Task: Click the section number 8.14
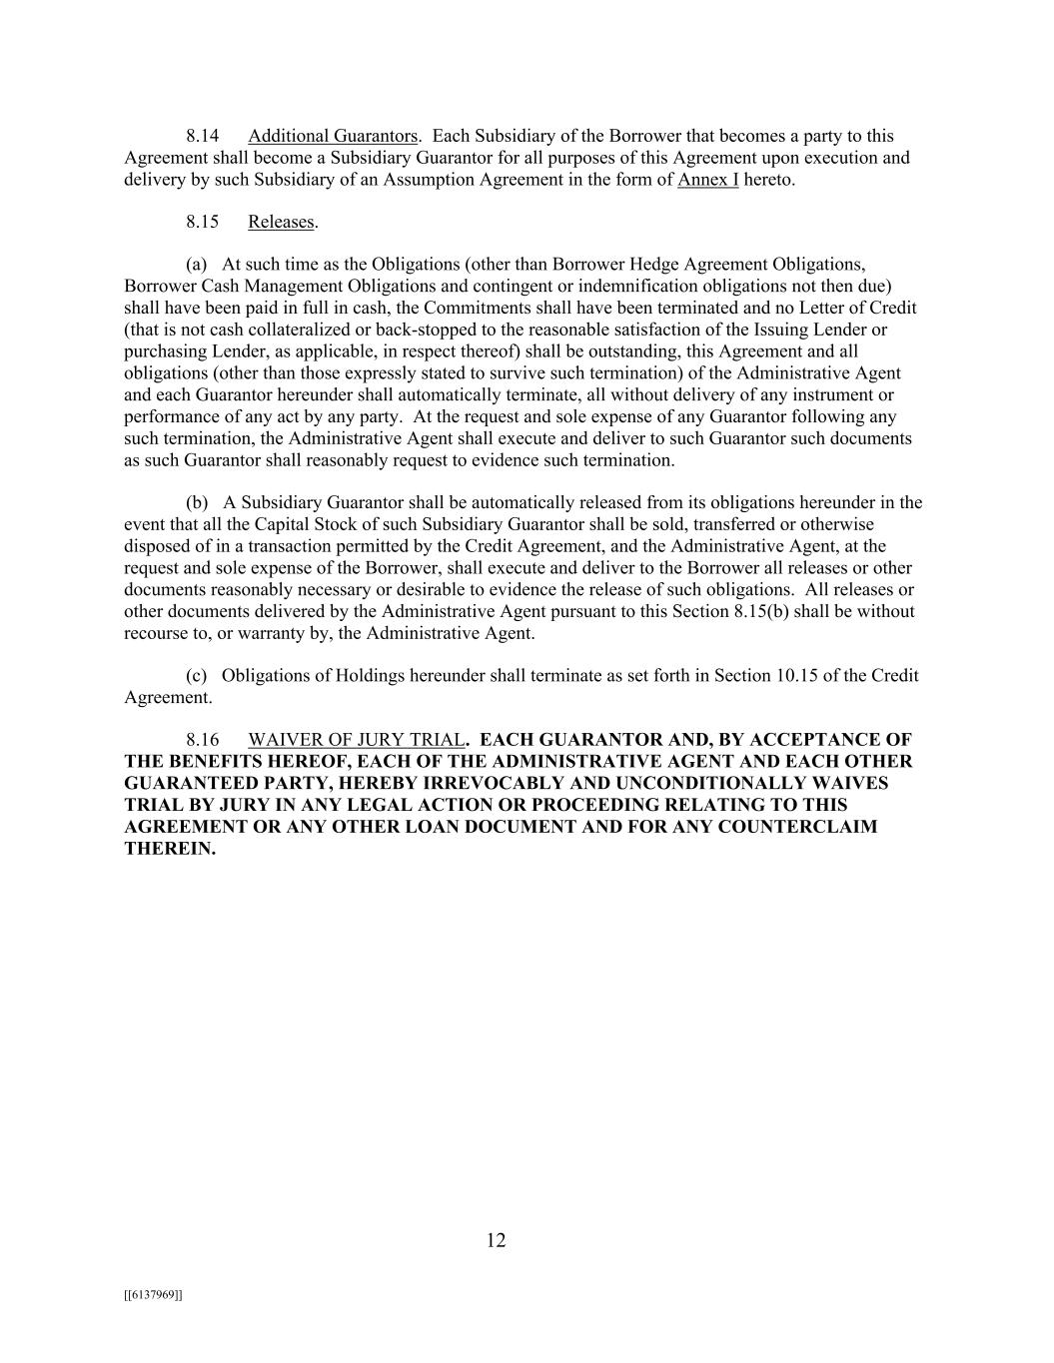[202, 136]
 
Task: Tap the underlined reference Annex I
[707, 180]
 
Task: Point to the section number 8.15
[202, 222]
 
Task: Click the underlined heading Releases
[281, 222]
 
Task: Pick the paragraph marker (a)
[197, 265]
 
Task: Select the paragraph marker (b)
[197, 502]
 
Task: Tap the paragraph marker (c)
[197, 675]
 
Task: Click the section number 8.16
[202, 740]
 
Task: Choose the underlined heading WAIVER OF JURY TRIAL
[356, 740]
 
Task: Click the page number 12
[497, 1240]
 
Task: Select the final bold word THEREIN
[170, 849]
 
